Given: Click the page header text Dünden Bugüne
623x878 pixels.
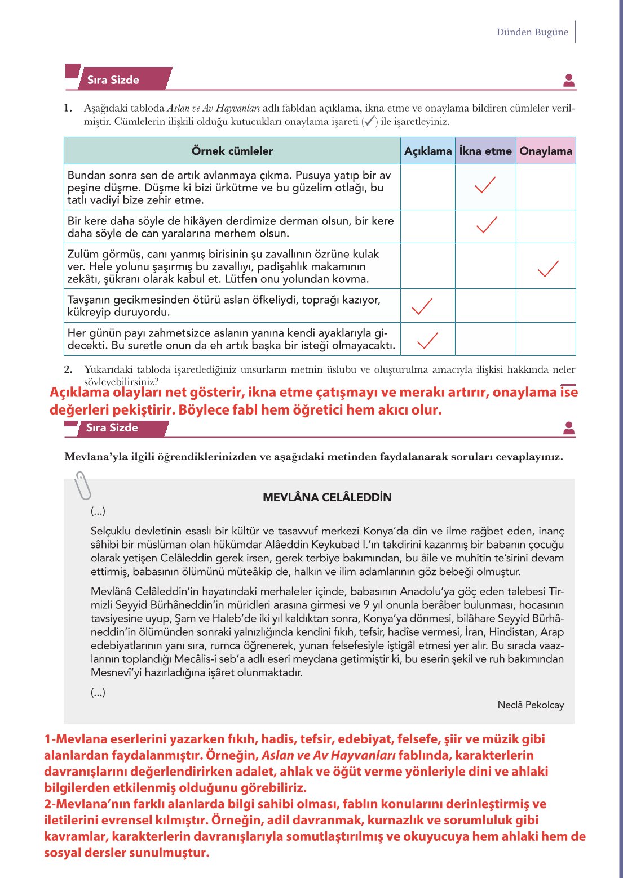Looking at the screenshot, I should tap(532, 32).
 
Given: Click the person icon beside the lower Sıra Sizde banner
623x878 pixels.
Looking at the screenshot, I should tap(569, 429).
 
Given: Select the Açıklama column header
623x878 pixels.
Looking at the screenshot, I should tap(428, 151).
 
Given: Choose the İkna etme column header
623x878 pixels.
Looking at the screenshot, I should tap(485, 151).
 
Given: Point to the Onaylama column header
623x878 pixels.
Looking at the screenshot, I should tap(546, 151).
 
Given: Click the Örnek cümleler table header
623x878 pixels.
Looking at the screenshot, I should tap(232, 151).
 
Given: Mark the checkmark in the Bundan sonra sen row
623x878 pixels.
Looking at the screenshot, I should tap(485, 185).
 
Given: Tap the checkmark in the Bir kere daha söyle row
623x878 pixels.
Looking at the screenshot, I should tap(486, 225).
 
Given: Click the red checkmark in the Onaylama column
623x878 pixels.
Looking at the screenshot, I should tap(548, 269).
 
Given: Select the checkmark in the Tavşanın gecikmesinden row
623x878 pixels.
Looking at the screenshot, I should tap(422, 306).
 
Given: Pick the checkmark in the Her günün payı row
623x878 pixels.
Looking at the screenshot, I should tap(427, 340).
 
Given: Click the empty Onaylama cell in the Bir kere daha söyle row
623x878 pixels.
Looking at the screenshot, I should tap(546, 226).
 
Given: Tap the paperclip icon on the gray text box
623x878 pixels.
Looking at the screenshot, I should tap(83, 485).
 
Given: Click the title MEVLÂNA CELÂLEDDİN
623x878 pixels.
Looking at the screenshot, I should tap(327, 497).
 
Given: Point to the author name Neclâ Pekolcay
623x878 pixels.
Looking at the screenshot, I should tap(531, 705).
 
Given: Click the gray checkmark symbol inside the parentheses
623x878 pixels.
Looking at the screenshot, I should tap(369, 121).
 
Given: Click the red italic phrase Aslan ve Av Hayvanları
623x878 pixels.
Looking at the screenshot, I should tap(329, 755).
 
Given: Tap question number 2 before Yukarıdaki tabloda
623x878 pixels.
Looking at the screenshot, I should tap(68, 369).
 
